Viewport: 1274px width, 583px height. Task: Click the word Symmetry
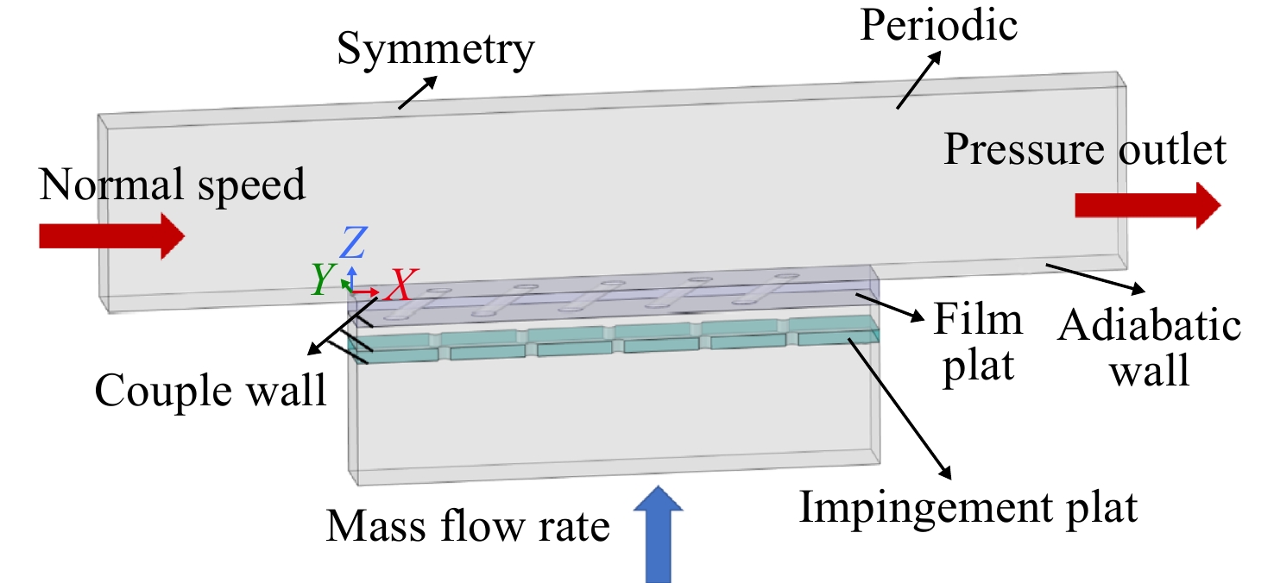[436, 50]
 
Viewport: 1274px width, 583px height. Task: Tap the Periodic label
[938, 25]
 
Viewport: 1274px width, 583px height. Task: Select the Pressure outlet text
[1085, 149]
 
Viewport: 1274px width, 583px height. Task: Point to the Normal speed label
[172, 185]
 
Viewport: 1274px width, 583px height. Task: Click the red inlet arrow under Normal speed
[112, 235]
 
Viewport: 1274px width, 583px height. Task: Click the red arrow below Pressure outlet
[1148, 205]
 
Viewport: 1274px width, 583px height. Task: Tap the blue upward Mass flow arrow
[658, 534]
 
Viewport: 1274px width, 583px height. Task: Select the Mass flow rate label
[468, 525]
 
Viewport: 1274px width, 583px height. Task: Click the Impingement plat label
[968, 508]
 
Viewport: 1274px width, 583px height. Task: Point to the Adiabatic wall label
[1149, 348]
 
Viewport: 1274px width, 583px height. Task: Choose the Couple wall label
[211, 391]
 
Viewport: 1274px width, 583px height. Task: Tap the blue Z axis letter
[353, 242]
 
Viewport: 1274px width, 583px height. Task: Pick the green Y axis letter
[323, 279]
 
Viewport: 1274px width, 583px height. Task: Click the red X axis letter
[401, 285]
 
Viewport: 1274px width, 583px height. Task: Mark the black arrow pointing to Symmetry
[418, 92]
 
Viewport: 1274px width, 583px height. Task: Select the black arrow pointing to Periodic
[918, 79]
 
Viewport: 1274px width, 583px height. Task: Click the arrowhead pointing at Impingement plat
[944, 473]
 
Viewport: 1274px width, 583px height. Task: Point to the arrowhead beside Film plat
[917, 316]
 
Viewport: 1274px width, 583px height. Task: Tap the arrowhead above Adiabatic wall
[1138, 288]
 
